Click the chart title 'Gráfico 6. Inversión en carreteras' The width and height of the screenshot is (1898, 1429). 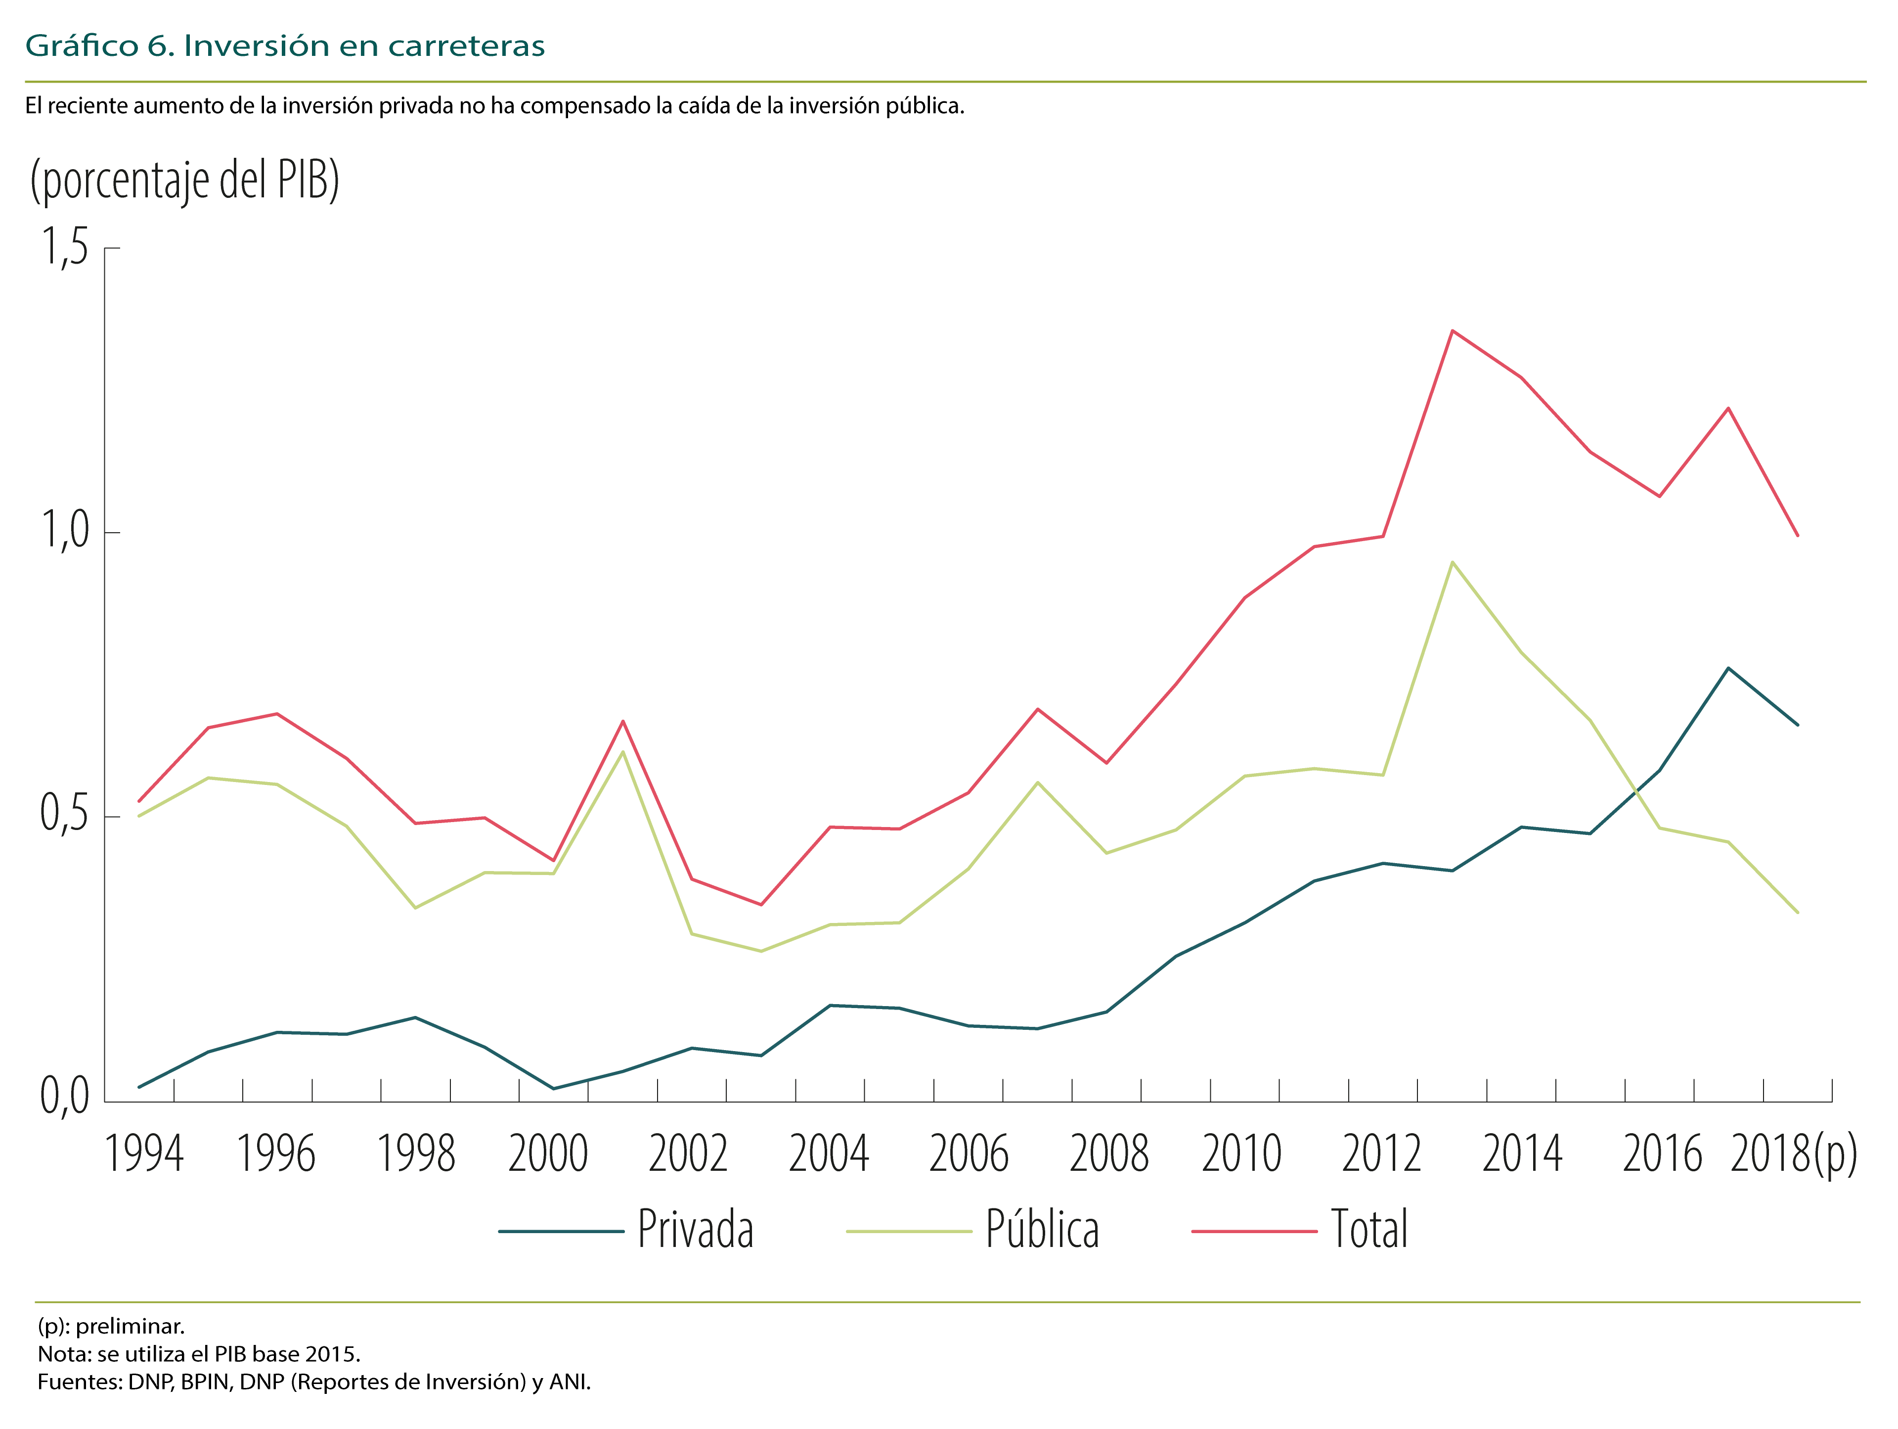285,46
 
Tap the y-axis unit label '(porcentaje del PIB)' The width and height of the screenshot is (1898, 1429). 184,180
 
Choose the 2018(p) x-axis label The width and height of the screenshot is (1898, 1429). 1793,1155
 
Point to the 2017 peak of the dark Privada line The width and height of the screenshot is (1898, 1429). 1728,668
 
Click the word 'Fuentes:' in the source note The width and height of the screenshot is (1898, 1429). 80,1382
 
